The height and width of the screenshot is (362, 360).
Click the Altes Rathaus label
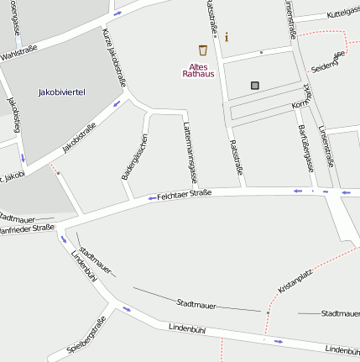coord(198,70)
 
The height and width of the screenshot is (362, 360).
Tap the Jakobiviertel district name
coord(63,92)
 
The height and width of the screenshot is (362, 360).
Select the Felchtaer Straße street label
coord(184,195)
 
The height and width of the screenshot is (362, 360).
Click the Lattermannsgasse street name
coord(189,151)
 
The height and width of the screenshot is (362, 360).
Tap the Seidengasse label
coord(327,61)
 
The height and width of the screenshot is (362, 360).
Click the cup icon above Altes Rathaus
coord(202,50)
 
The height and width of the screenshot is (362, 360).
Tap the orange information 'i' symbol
coord(226,37)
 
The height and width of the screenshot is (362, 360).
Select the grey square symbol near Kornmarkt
coord(254,85)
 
